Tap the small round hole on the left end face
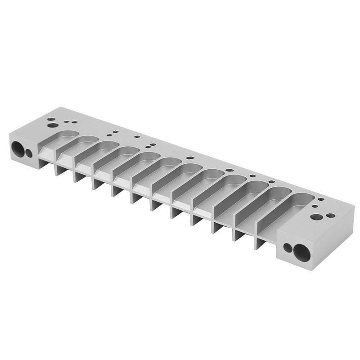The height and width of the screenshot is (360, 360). [x=29, y=153]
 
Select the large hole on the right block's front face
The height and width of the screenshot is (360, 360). [x=302, y=252]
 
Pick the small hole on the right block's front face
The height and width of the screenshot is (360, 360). [x=287, y=247]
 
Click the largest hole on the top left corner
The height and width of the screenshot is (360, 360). [x=52, y=125]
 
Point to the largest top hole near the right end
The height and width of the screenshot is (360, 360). [x=316, y=217]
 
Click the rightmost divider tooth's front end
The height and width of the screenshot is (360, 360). [x=260, y=243]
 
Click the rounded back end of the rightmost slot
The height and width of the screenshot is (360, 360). [x=306, y=198]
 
